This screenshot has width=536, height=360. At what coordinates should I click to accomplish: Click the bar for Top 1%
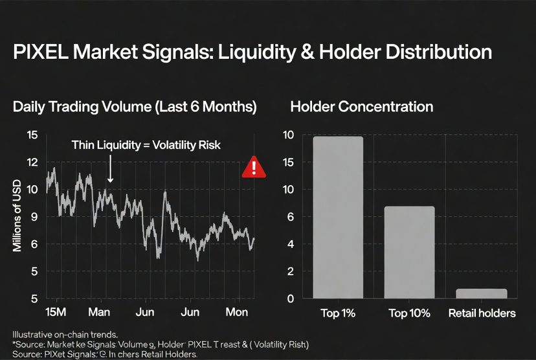pos(337,217)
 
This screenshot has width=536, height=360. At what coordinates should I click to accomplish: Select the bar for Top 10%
pos(409,252)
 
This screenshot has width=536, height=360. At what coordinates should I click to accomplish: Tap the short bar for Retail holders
pos(482,293)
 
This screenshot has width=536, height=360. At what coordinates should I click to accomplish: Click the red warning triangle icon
pos(253,168)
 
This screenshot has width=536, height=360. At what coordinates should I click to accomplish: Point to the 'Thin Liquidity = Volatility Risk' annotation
pos(146,145)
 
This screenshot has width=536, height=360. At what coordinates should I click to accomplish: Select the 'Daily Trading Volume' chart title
pos(135,107)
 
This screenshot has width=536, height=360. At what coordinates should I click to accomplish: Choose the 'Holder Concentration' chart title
pos(362,107)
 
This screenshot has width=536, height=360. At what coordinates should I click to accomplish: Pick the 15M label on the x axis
pos(56,313)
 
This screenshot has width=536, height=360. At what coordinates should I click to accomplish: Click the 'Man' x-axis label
pos(99,313)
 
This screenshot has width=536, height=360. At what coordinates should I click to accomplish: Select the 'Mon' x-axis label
pos(236,313)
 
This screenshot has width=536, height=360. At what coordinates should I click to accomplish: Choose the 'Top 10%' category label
pos(409,313)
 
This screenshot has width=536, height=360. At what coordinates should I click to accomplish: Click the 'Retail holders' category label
pos(482,313)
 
